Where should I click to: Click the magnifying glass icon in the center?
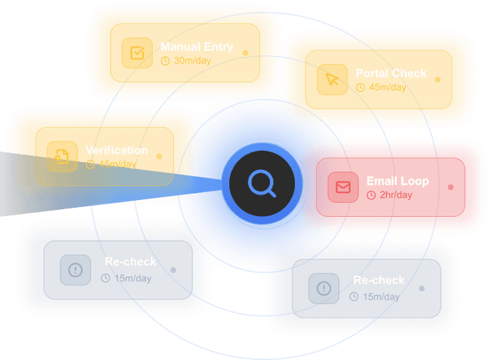coord(261,184)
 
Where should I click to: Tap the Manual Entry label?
coord(196,47)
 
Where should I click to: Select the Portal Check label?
coord(391,74)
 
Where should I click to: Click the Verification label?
coord(116,150)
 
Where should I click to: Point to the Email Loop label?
coord(397,182)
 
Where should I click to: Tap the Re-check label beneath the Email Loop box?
coord(378,279)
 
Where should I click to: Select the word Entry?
coord(218,47)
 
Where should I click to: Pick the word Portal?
coord(372,74)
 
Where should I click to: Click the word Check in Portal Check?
coord(409,74)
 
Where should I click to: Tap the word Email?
coord(381,182)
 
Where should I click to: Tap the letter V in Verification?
coord(89,150)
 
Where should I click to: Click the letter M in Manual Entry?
coord(165,47)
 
